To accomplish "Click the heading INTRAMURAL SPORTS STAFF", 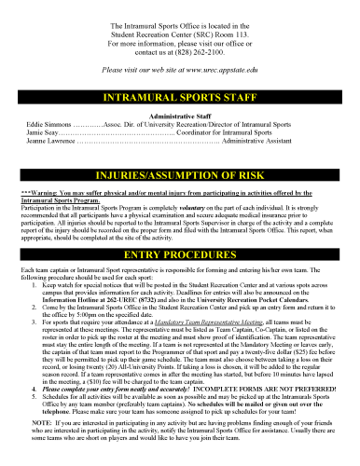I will pos(180,97).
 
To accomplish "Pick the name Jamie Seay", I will pos(43,131).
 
